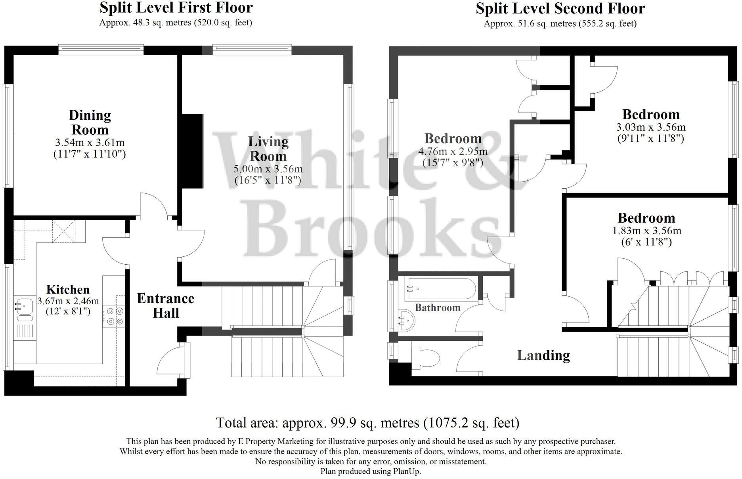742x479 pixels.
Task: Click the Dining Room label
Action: [90, 122]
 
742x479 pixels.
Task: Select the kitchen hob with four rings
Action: [114, 316]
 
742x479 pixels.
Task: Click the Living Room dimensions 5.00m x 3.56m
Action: [268, 169]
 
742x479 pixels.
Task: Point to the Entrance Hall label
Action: [166, 305]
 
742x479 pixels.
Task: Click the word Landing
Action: [543, 355]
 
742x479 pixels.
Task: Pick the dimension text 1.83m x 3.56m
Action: [646, 231]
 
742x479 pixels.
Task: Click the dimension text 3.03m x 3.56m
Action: [651, 127]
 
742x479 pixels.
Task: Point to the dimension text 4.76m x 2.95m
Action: [453, 151]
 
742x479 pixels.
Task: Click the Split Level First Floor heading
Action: [176, 8]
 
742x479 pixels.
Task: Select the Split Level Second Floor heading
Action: [560, 8]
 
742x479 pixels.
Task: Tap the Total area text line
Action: [367, 423]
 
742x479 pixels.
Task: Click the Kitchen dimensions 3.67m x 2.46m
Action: [68, 301]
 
